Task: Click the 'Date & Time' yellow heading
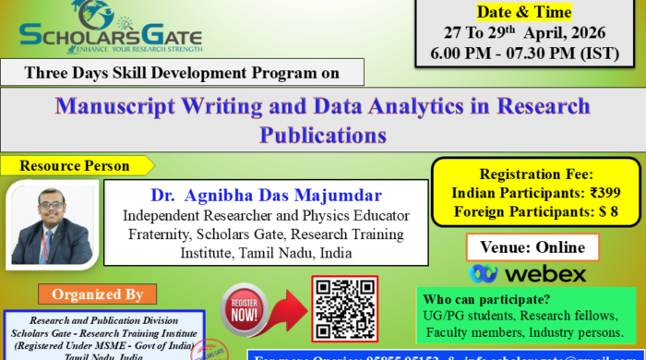click(x=523, y=12)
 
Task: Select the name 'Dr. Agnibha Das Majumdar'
click(x=266, y=196)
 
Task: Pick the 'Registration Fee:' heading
click(x=536, y=174)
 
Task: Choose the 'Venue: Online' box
click(x=532, y=246)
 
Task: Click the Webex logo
click(x=528, y=273)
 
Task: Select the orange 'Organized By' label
click(x=91, y=295)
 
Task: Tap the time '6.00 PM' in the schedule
click(x=470, y=54)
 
